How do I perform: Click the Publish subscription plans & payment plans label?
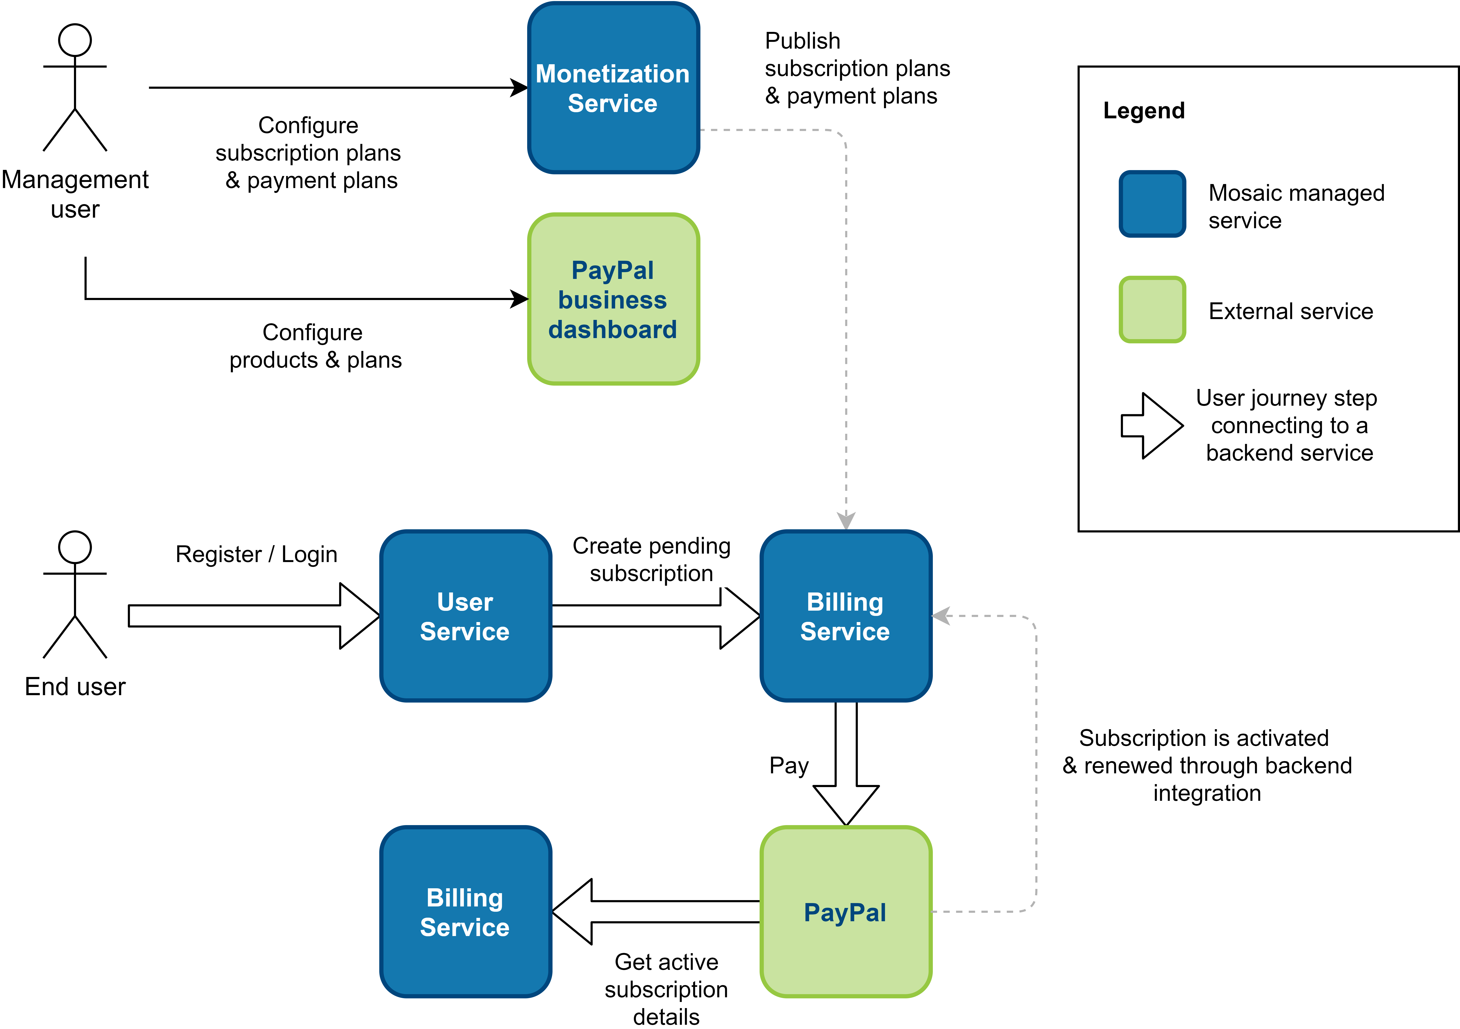[x=860, y=69]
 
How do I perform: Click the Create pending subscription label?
[x=651, y=560]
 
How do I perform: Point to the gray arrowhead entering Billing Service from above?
[x=846, y=520]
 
